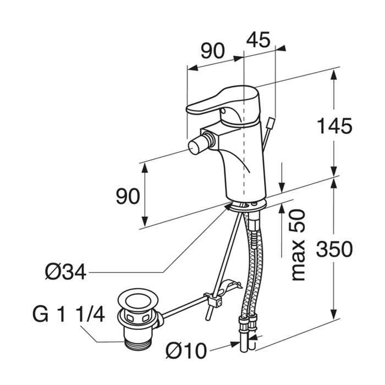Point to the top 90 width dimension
point(212,51)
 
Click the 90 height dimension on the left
point(128,196)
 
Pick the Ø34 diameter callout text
point(67,271)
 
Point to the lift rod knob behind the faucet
point(269,122)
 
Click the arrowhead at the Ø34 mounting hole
point(227,207)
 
